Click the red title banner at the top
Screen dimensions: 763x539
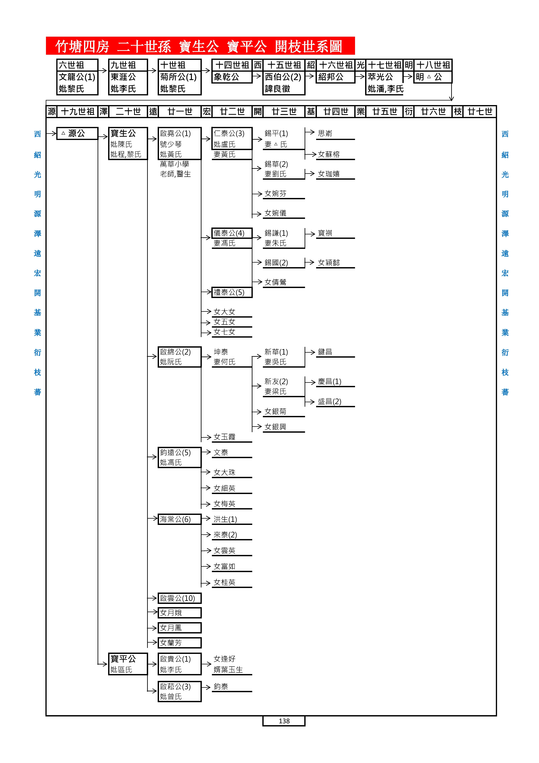[200, 46]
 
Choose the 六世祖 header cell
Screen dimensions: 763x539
[77, 65]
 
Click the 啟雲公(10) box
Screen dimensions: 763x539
[179, 598]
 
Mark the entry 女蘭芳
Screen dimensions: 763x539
[179, 643]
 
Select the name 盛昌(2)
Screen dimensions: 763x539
[329, 401]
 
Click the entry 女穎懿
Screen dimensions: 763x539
[329, 263]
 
